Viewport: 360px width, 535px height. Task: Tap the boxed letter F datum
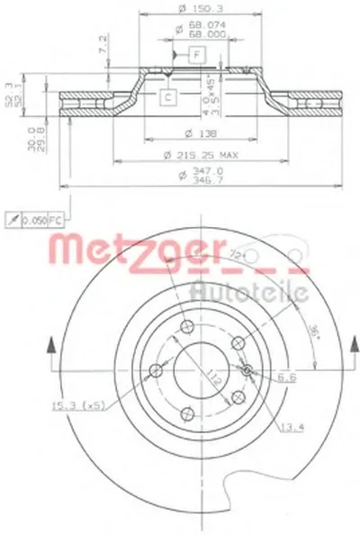(x=196, y=56)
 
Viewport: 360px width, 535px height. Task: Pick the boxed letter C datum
(x=167, y=97)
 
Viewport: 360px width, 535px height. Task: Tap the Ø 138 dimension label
(x=184, y=133)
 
